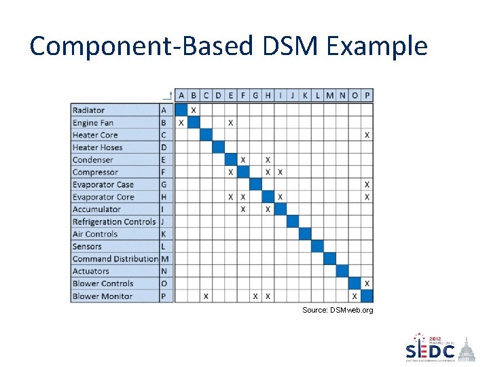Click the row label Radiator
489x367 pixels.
[x=89, y=110]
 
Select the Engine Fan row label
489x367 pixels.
[x=93, y=123]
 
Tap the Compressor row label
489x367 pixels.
[x=95, y=173]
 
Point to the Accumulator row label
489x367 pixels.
[x=96, y=209]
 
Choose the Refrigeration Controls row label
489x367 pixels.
[x=114, y=222]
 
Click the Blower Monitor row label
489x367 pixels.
[x=103, y=296]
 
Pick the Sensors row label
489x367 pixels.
[x=87, y=247]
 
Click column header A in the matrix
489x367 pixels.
[x=181, y=96]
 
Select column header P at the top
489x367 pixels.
[x=367, y=96]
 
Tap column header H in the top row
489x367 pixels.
[x=268, y=96]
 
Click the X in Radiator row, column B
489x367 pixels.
[x=194, y=110]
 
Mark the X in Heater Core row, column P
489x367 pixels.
[x=367, y=135]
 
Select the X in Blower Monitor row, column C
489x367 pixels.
[x=206, y=296]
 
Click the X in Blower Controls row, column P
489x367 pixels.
[x=367, y=283]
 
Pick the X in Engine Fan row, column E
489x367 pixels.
[x=231, y=123]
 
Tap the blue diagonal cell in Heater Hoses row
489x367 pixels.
[x=218, y=147]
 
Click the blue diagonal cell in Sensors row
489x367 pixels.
[x=317, y=247]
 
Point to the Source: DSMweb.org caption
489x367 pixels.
[x=338, y=311]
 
